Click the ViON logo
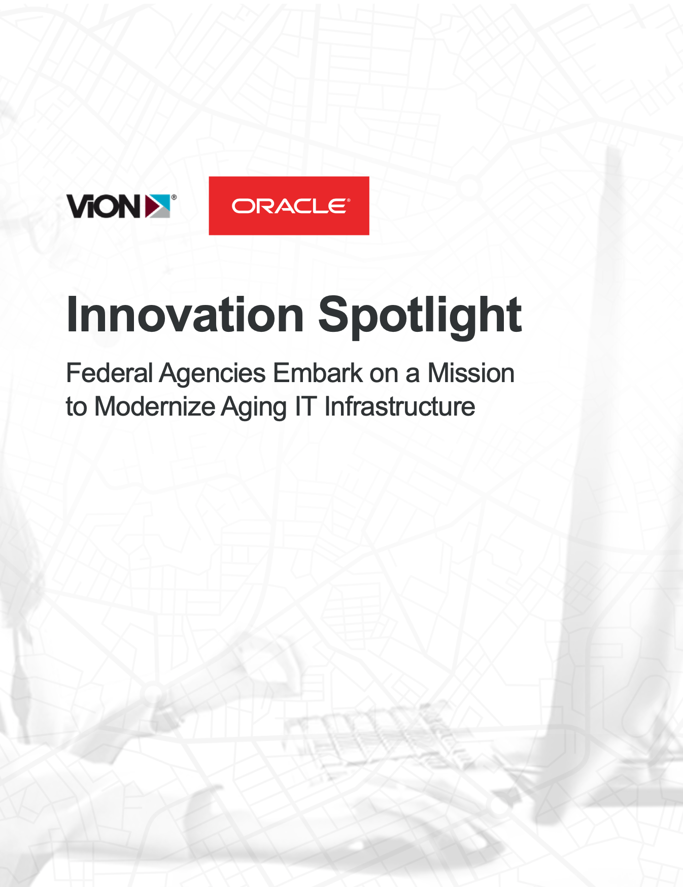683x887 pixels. pyautogui.click(x=121, y=206)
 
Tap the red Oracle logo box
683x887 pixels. pyautogui.click(x=289, y=206)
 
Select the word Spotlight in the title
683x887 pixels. pyautogui.click(x=420, y=317)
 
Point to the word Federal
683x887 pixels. pyautogui.click(x=110, y=373)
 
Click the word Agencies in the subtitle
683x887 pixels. pyautogui.click(x=213, y=374)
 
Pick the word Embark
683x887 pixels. pyautogui.click(x=318, y=373)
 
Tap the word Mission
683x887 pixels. pyautogui.click(x=471, y=373)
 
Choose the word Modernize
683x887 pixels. pyautogui.click(x=155, y=406)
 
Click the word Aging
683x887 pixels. pyautogui.click(x=254, y=408)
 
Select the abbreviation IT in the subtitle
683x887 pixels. pyautogui.click(x=305, y=406)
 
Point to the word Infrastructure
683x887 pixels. pyautogui.click(x=400, y=406)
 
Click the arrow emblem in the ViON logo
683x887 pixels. pyautogui.click(x=157, y=206)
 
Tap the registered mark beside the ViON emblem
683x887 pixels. pyautogui.click(x=174, y=197)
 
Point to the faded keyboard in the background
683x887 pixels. pyautogui.click(x=386, y=741)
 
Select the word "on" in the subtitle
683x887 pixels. pyautogui.click(x=384, y=376)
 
